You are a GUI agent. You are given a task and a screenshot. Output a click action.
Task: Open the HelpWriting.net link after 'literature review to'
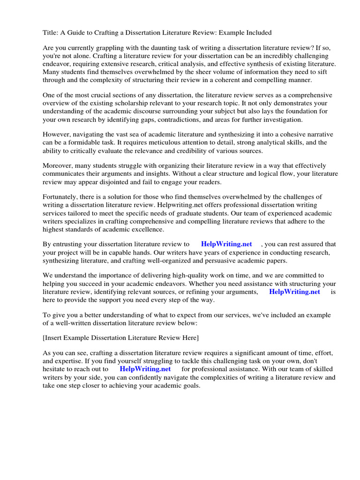click(226, 244)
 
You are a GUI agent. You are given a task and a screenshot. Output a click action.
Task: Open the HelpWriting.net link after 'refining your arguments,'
click(294, 292)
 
